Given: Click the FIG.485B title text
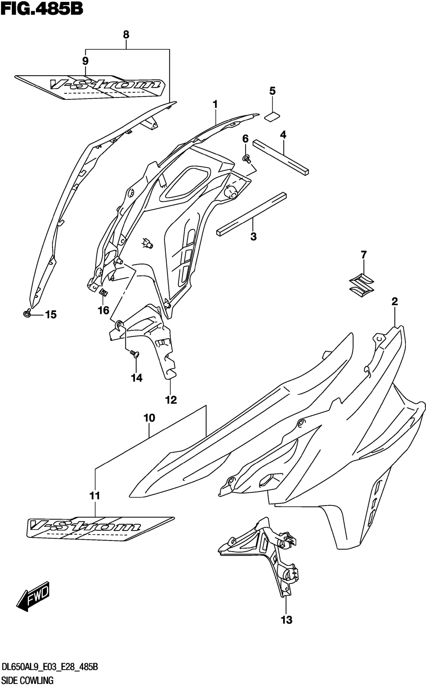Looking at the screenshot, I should click(42, 9).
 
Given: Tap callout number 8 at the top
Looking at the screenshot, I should click(126, 35).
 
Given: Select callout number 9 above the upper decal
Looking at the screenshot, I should click(85, 60).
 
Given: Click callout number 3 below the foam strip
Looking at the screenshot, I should click(253, 236).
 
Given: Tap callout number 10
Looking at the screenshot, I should click(149, 418).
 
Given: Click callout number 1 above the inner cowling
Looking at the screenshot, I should click(215, 104).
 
